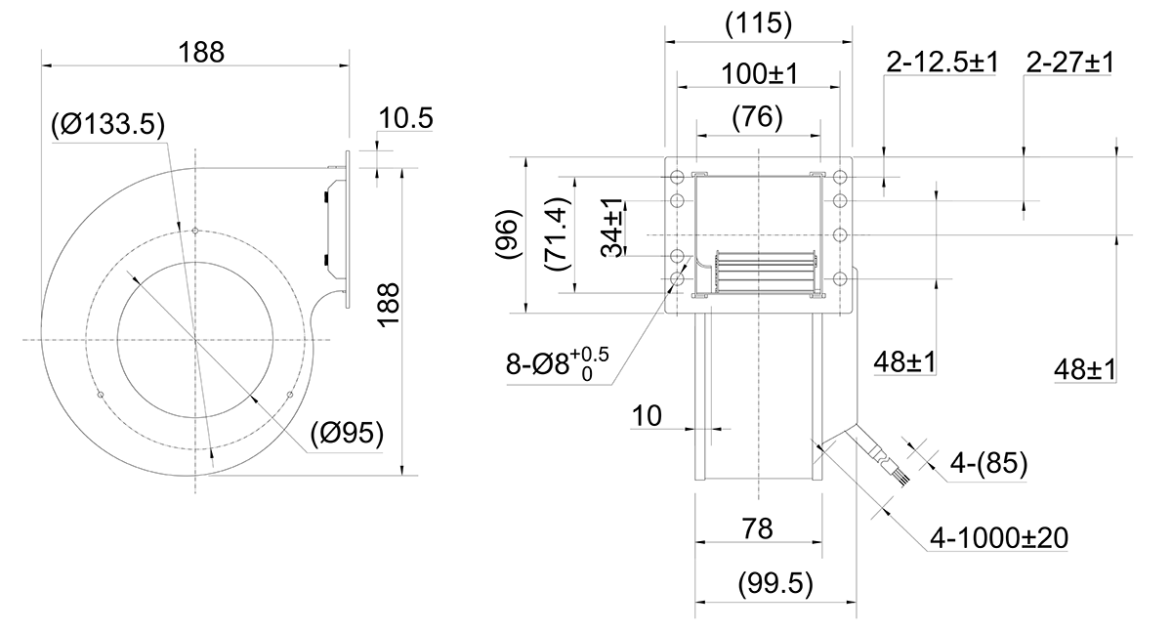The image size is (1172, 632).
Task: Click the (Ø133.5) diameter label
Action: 108,124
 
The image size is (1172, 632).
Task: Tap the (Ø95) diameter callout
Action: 347,433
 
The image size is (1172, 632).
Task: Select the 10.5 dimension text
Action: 405,118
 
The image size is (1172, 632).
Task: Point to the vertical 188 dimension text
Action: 389,306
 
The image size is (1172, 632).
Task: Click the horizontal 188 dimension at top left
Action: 201,53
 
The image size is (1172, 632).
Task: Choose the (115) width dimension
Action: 759,23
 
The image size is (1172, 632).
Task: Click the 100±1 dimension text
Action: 760,74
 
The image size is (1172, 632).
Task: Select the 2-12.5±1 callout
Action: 942,63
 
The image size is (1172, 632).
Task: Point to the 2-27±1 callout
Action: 1070,63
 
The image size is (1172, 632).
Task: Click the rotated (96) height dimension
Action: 509,233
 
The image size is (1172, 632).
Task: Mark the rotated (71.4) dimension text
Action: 556,233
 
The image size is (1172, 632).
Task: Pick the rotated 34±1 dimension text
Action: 612,228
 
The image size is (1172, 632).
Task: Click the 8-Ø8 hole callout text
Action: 558,363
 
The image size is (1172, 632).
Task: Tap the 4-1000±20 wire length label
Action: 999,538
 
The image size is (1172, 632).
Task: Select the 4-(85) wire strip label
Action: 988,463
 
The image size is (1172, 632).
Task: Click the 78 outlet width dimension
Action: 757,528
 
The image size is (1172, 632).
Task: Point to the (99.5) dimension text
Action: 775,583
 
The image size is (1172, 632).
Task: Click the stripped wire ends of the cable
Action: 903,476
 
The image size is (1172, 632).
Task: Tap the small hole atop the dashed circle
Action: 195,231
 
